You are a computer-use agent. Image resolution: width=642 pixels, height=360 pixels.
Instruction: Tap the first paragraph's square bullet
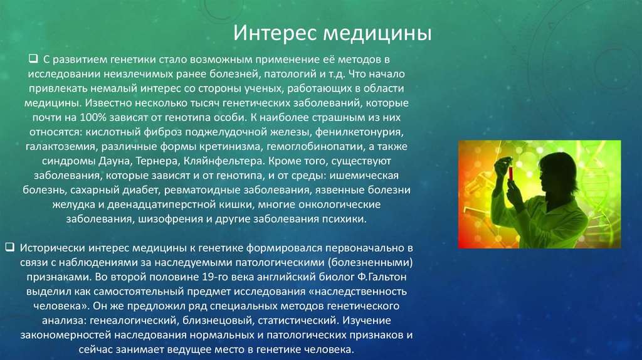(x=33, y=58)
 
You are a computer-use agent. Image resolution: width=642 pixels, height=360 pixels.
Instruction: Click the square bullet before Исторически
(x=10, y=247)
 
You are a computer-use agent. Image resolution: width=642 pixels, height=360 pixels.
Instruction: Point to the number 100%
(x=93, y=117)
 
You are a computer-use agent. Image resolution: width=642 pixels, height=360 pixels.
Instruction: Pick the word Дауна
(x=115, y=161)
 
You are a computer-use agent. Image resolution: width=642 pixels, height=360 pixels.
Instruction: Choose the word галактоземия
(x=62, y=147)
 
